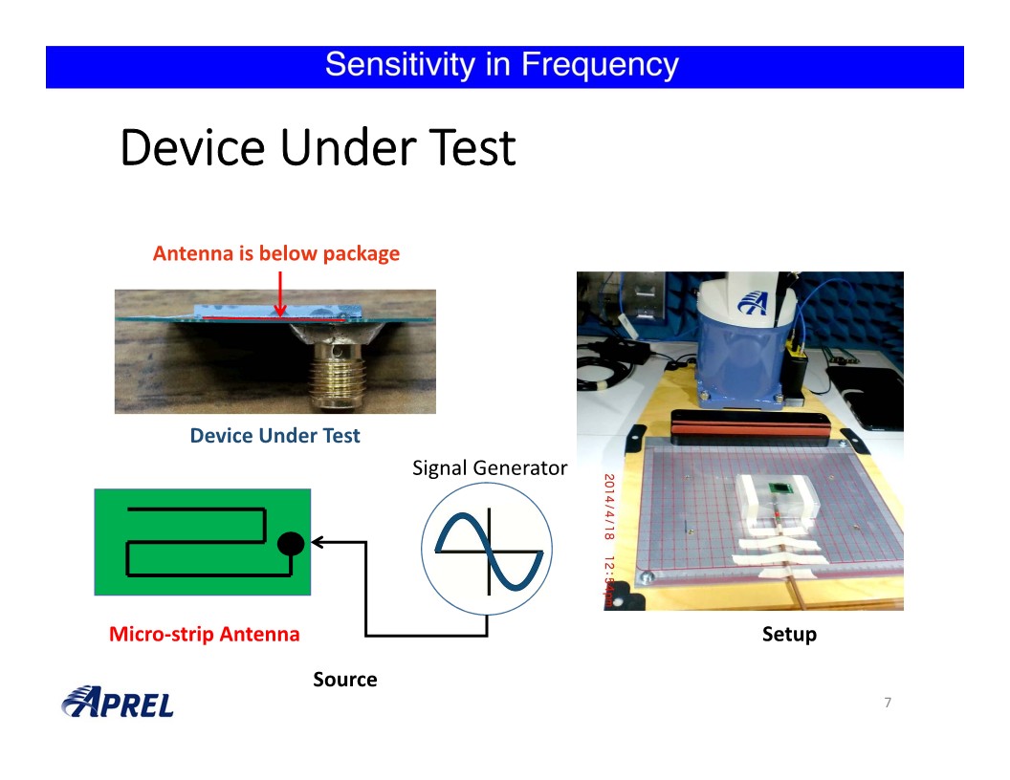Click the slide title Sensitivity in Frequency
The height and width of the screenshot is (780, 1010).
coord(502,65)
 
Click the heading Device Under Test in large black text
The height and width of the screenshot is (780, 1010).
coord(318,147)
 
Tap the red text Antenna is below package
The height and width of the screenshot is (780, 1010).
coord(276,253)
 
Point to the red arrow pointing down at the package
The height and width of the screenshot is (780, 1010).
coord(280,293)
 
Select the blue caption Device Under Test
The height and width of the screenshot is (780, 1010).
coord(275,436)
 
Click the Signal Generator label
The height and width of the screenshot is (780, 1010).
coord(490,467)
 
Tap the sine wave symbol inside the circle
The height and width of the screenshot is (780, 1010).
coord(490,551)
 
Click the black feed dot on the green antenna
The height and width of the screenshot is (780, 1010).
coord(291,544)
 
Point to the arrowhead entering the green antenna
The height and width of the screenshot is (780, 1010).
coord(317,542)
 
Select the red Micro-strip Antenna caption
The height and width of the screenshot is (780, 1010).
coord(204,634)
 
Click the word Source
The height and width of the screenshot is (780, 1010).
coord(345,680)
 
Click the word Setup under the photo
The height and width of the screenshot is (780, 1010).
coord(789,635)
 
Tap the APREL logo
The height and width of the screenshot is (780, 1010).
coord(118,703)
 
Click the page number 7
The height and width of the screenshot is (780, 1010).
coord(888,703)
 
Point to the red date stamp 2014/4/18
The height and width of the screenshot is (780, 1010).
coord(609,507)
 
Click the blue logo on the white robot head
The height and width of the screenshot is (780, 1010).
coord(754,301)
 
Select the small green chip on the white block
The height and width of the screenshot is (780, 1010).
coord(781,488)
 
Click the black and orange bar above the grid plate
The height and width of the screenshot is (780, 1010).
coord(751,427)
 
